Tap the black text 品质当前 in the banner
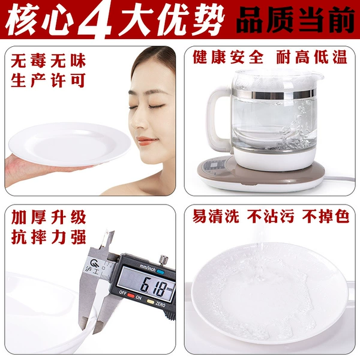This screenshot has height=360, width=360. [x=295, y=20]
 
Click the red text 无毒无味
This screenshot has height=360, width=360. [x=48, y=61]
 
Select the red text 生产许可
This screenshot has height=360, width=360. [x=48, y=80]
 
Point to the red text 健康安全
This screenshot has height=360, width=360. [x=228, y=57]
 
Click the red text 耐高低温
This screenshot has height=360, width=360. [x=311, y=57]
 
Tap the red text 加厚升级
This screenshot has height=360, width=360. [x=49, y=217]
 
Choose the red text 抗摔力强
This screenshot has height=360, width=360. [x=49, y=237]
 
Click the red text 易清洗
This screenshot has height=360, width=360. [x=215, y=216]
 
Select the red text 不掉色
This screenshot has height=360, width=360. [x=326, y=216]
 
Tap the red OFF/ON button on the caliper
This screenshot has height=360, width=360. [x=131, y=296]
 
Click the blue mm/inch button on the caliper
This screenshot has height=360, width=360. [x=160, y=272]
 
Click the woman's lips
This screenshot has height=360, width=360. [x=146, y=140]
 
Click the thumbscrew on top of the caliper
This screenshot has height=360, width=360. [x=164, y=259]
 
